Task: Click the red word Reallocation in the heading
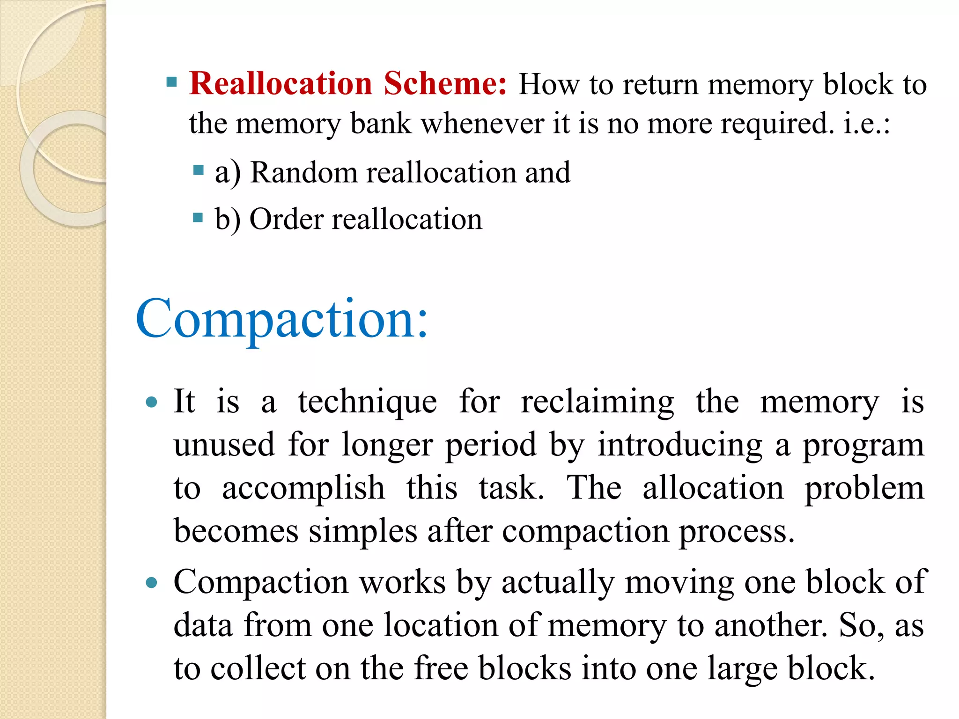point(280,84)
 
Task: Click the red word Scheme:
point(445,84)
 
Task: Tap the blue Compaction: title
point(282,319)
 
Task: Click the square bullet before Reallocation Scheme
point(172,83)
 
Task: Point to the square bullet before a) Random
point(198,169)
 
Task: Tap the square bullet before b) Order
point(198,217)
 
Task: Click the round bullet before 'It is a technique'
point(151,402)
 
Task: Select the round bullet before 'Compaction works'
point(151,582)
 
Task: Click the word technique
point(368,402)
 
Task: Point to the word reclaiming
point(598,402)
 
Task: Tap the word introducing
point(680,445)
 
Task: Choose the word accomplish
point(303,488)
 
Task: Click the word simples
point(363,531)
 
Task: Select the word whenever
point(482,124)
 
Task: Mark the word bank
point(381,124)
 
